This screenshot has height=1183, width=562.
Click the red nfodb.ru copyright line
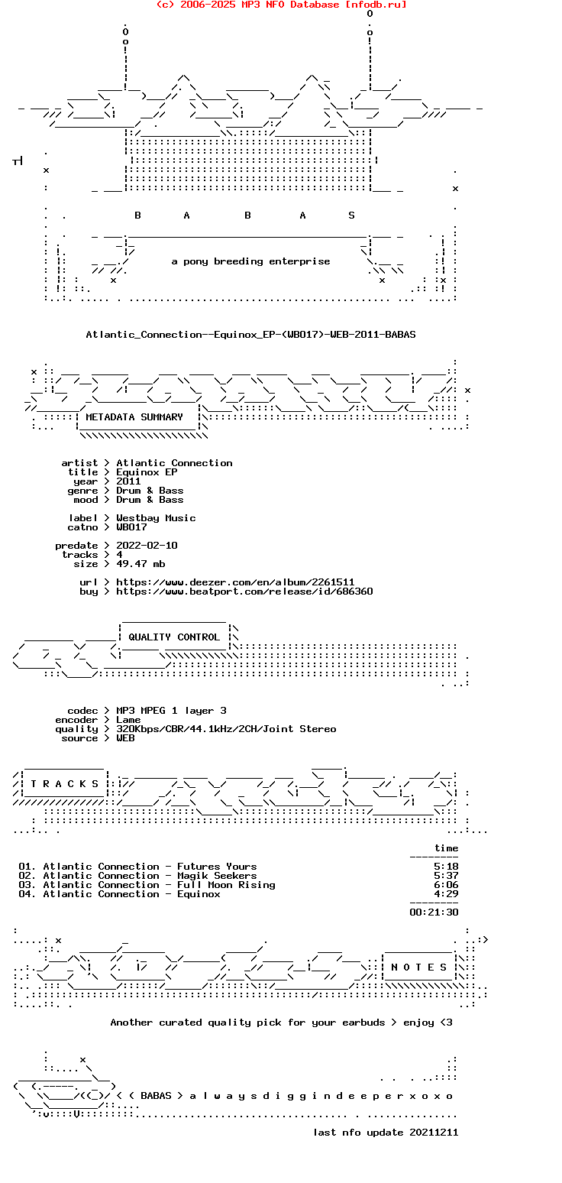pyautogui.click(x=281, y=5)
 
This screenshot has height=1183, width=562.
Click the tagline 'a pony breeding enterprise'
pyautogui.click(x=250, y=261)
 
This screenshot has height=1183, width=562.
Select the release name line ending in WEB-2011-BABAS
pyautogui.click(x=250, y=335)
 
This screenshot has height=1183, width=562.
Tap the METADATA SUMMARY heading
pyautogui.click(x=134, y=417)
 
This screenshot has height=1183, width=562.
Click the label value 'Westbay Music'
pyautogui.click(x=156, y=518)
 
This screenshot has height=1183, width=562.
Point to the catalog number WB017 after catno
pyautogui.click(x=131, y=527)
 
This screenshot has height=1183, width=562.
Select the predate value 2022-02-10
pyautogui.click(x=147, y=546)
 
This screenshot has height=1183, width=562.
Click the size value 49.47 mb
pyautogui.click(x=140, y=564)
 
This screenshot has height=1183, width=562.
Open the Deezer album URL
pyautogui.click(x=235, y=582)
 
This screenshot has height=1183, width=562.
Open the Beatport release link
pyautogui.click(x=244, y=591)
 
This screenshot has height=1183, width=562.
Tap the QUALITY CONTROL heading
pyautogui.click(x=174, y=637)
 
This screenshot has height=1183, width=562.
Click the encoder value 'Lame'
pyautogui.click(x=128, y=720)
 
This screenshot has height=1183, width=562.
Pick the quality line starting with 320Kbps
pyautogui.click(x=226, y=729)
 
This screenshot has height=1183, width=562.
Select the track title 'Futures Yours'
pyautogui.click(x=217, y=867)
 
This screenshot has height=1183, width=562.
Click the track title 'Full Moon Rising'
pyautogui.click(x=226, y=885)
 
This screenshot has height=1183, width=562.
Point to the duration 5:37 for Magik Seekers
pyautogui.click(x=446, y=876)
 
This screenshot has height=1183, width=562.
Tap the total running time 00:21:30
pyautogui.click(x=434, y=912)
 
